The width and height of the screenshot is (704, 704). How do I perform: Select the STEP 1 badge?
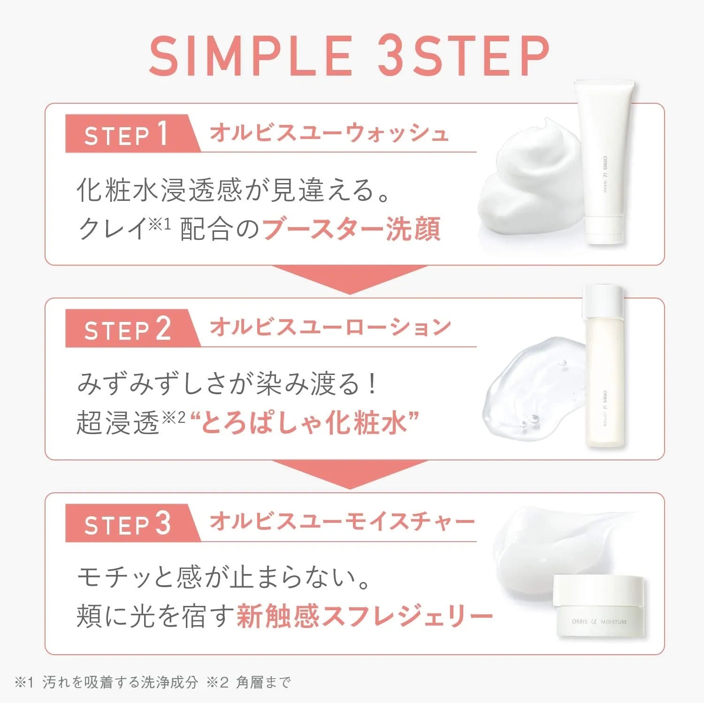coord(127,134)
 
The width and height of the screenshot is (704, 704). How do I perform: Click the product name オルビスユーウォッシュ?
coord(329,133)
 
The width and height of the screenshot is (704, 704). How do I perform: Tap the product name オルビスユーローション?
coord(330,328)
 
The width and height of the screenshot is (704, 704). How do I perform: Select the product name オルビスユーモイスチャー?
coord(342,522)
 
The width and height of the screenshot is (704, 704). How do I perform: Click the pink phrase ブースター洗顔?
coord(351,229)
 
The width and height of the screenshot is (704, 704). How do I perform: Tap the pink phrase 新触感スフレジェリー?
coord(364,616)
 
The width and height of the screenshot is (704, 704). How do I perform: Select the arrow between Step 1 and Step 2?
coord(350,278)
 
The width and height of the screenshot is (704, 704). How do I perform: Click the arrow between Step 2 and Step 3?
coord(350,473)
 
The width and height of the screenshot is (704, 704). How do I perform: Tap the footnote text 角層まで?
coord(263,682)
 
